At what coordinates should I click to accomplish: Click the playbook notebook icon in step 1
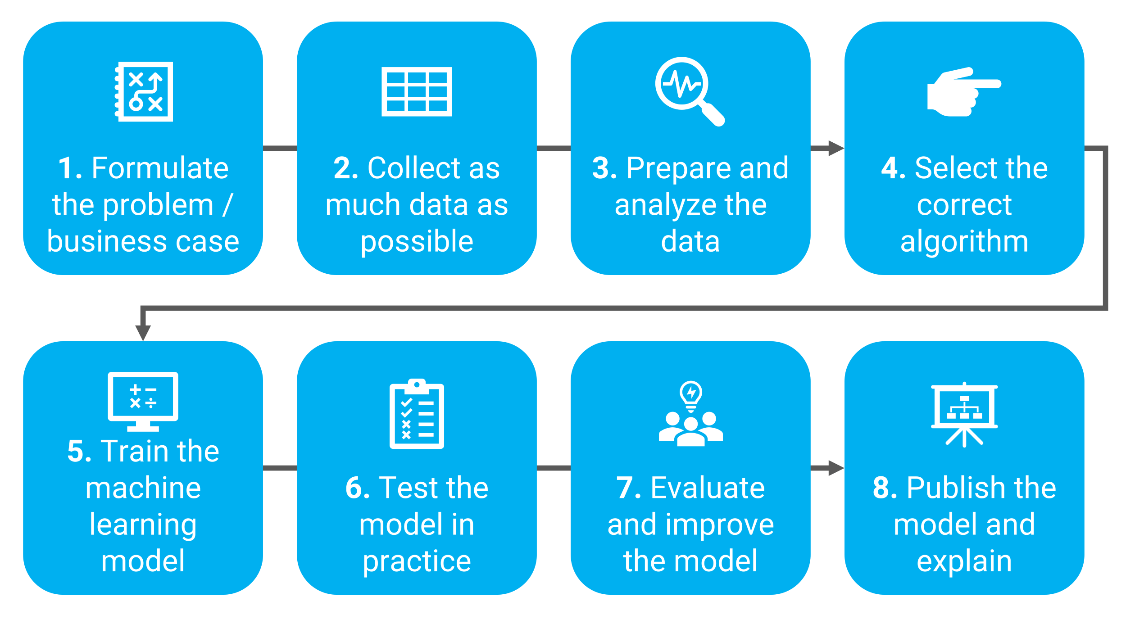click(144, 91)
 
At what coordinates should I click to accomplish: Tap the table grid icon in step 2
click(417, 91)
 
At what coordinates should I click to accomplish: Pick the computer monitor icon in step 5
click(143, 401)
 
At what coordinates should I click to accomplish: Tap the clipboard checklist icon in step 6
click(417, 414)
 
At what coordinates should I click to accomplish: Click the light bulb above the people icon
click(691, 394)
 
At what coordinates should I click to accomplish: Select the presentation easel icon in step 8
click(964, 414)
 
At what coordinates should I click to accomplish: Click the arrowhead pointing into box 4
click(836, 148)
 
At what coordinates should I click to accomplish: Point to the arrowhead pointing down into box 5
click(143, 333)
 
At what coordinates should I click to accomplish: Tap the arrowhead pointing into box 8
click(836, 468)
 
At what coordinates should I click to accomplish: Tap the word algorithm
click(964, 242)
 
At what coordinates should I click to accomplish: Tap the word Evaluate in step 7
click(708, 488)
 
